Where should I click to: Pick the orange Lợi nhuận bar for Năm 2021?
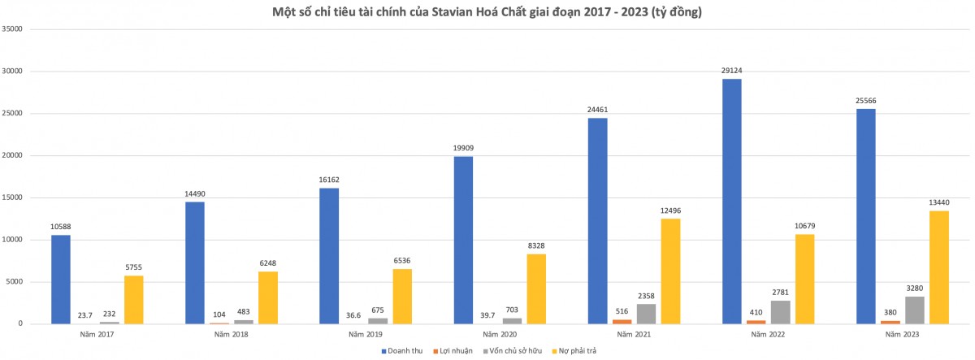pyautogui.click(x=622, y=322)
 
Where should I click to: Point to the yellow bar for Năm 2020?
pyautogui.click(x=536, y=289)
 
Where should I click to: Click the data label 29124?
pyautogui.click(x=731, y=71)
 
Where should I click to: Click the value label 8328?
pyautogui.click(x=536, y=246)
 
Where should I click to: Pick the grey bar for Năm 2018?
pyautogui.click(x=244, y=321)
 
